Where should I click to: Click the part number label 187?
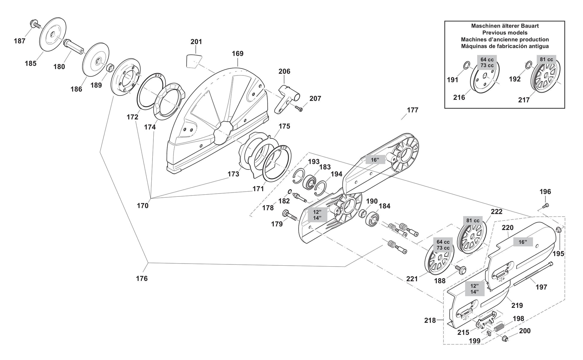pos(19,41)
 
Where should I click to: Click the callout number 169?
pos(238,54)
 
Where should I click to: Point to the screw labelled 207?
pos(298,108)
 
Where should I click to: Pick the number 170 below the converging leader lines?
pos(143,206)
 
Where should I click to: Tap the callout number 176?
pos(142,279)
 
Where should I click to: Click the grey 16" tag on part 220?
pos(523,242)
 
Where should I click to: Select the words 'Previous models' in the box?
pos(505,33)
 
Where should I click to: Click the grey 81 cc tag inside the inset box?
pos(546,59)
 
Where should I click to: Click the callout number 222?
pos(496,211)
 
